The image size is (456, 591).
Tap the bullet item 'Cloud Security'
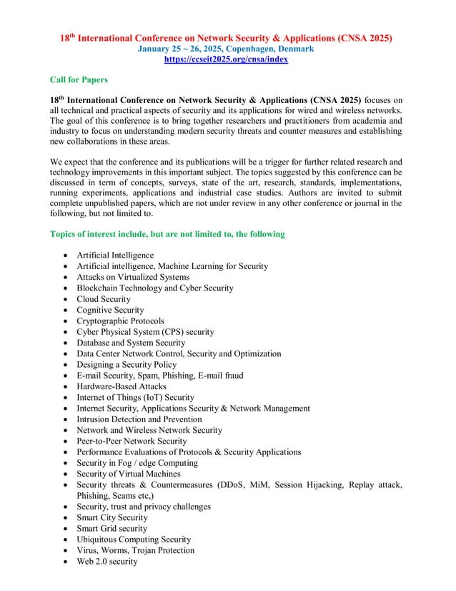pyautogui.click(x=104, y=299)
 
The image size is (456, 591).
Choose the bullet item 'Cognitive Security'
pyautogui.click(x=110, y=310)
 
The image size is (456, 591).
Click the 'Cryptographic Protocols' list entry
pyautogui.click(x=120, y=321)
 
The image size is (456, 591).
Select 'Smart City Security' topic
pyautogui.click(x=112, y=517)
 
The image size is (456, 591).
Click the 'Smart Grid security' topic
pyautogui.click(x=111, y=528)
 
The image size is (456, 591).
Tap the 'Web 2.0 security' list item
pyautogui.click(x=107, y=561)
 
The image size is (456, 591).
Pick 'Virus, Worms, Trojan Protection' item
pyautogui.click(x=135, y=550)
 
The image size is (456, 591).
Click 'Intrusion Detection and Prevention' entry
pyautogui.click(x=139, y=419)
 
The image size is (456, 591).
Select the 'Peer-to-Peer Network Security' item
pyautogui.click(x=132, y=441)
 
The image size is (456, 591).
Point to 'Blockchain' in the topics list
pyautogui.click(x=99, y=288)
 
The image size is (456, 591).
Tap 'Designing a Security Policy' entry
pyautogui.click(x=127, y=365)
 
